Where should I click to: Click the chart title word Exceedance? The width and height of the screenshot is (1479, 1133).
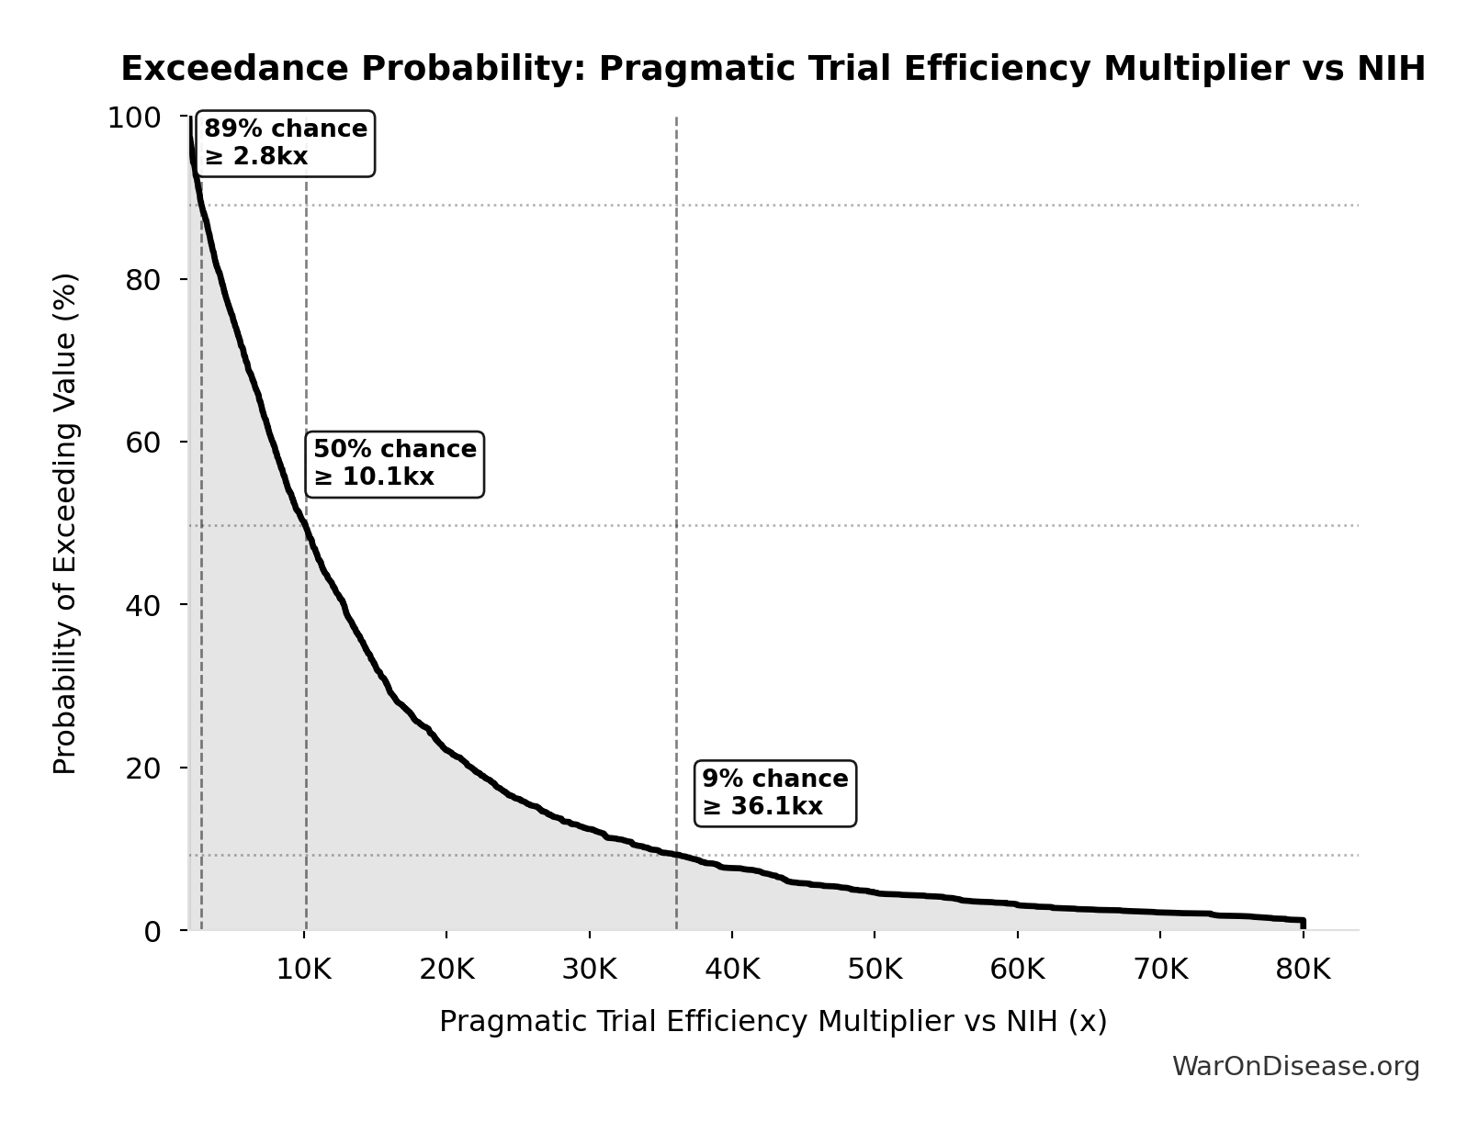[234, 69]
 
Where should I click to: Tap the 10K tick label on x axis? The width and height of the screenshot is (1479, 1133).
[304, 970]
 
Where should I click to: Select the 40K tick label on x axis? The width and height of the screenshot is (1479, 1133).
[732, 970]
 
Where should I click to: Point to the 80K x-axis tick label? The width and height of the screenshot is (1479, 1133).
[1303, 970]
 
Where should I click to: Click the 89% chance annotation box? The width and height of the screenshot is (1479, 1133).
[285, 143]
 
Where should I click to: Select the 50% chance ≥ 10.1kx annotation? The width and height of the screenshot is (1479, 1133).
[394, 464]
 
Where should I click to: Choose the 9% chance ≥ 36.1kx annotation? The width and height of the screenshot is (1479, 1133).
[774, 793]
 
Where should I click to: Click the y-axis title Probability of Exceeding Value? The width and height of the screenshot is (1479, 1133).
[65, 523]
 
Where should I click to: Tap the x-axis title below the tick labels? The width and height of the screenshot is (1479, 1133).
[773, 1021]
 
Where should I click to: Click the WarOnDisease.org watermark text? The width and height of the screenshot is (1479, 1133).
[1295, 1066]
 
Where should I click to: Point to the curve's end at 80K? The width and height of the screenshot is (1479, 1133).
[1303, 921]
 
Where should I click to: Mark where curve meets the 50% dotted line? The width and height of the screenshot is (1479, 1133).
[305, 525]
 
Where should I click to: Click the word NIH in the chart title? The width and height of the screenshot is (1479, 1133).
[1391, 69]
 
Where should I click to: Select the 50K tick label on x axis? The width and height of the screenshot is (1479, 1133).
[875, 970]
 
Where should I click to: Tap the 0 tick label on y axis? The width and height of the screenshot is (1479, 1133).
[152, 931]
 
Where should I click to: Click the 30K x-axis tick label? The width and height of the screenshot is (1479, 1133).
[589, 970]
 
